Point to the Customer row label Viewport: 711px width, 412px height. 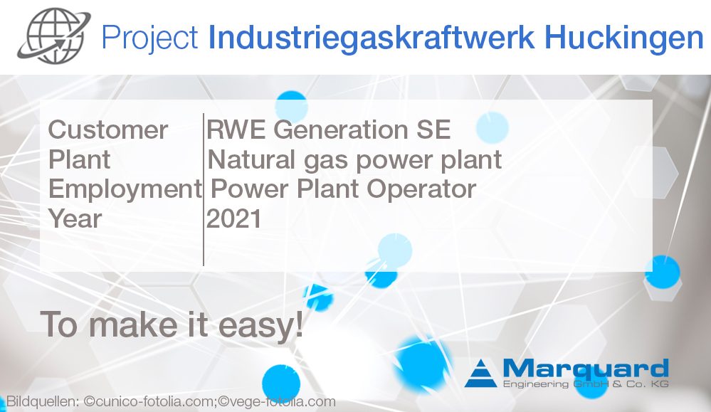(x=108, y=130)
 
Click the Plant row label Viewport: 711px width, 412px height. (x=79, y=159)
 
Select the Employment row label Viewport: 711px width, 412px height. (x=125, y=189)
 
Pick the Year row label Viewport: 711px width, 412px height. (x=75, y=218)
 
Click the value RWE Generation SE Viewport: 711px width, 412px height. (x=329, y=130)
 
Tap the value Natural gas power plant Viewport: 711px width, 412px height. (x=354, y=159)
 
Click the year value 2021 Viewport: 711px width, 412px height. (x=234, y=218)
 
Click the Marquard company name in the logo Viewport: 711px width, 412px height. (x=585, y=369)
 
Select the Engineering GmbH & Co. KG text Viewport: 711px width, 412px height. (x=585, y=384)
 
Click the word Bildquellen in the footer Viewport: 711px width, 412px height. (x=41, y=402)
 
